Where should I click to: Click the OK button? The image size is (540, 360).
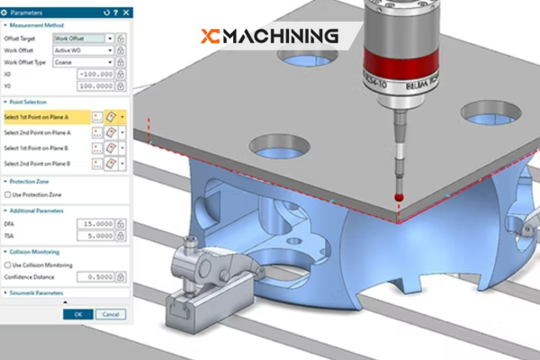point(78,314)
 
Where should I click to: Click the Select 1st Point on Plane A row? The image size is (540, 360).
point(45,117)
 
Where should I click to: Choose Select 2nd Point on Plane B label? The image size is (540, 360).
point(45,164)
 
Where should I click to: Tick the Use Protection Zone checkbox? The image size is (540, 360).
point(6,194)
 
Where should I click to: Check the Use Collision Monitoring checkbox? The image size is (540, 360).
point(6,265)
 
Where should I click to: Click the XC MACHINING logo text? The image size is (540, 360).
point(270,36)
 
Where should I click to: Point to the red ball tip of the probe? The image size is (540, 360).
point(399,196)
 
